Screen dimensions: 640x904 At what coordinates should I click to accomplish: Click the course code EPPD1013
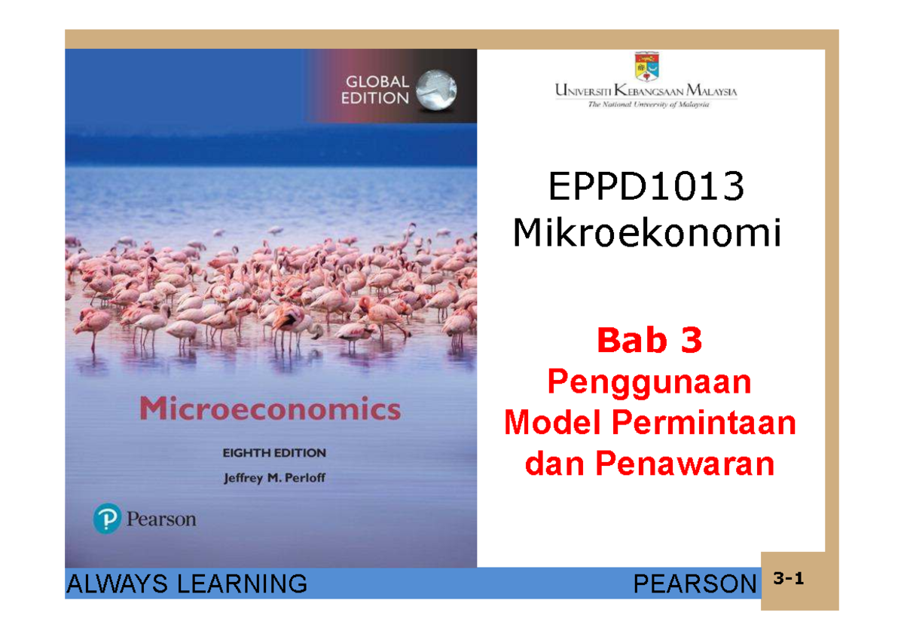tap(646, 187)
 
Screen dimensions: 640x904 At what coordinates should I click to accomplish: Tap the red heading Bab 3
tap(649, 341)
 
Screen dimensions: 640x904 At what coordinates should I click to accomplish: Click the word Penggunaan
tap(649, 384)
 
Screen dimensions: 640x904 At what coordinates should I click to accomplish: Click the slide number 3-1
tap(789, 580)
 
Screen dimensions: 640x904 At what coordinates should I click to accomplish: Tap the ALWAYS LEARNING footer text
tap(187, 583)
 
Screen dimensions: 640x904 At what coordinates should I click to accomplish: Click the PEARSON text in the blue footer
tap(694, 583)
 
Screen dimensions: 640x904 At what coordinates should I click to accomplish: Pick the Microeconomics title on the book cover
tap(270, 411)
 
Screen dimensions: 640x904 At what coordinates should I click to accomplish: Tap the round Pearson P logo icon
tap(107, 519)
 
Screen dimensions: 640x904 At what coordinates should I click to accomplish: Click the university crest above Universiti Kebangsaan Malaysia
tap(646, 66)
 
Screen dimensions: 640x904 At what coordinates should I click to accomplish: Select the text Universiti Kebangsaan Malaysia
tap(646, 92)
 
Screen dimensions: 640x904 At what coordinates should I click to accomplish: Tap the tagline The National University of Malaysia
tap(648, 105)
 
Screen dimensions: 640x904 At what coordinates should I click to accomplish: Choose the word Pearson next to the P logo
tap(160, 519)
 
